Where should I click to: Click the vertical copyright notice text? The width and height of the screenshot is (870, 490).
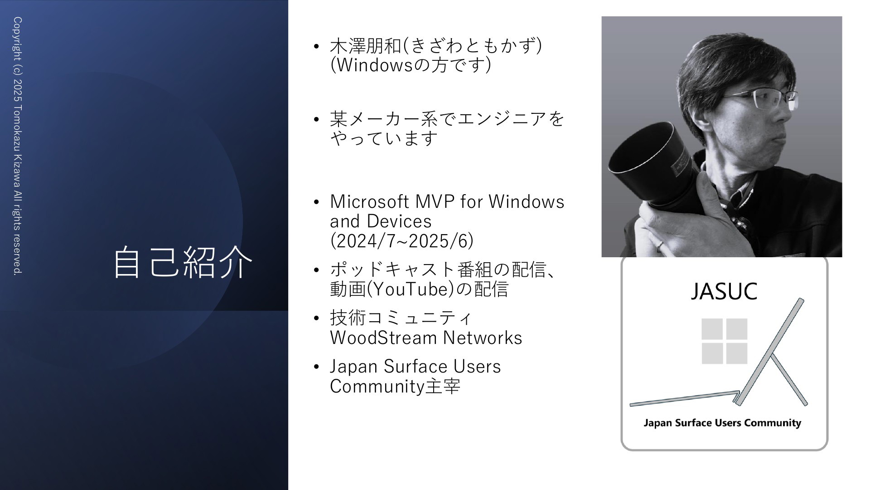pyautogui.click(x=18, y=146)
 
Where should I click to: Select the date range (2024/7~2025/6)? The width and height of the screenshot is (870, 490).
pyautogui.click(x=402, y=240)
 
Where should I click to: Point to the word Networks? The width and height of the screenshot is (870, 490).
pyautogui.click(x=483, y=338)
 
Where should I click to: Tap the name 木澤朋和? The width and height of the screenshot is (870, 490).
pyautogui.click(x=366, y=46)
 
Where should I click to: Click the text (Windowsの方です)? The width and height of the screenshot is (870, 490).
pyautogui.click(x=411, y=65)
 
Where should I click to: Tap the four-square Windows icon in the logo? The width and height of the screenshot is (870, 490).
pyautogui.click(x=725, y=341)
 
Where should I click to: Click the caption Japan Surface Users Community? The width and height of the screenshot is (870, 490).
pyautogui.click(x=722, y=423)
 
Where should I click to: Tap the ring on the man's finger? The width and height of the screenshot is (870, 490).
pyautogui.click(x=660, y=245)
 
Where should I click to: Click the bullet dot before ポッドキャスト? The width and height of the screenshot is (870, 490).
pyautogui.click(x=316, y=270)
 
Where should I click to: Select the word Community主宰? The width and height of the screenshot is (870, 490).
pyautogui.click(x=395, y=387)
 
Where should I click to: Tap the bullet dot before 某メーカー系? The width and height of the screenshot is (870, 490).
pyautogui.click(x=316, y=120)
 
